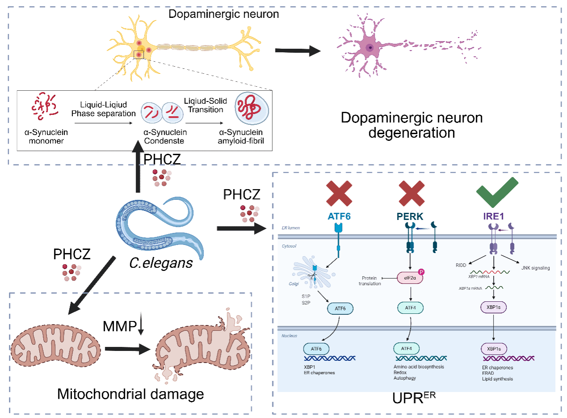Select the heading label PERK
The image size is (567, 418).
[x=410, y=216]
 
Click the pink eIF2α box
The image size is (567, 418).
[x=410, y=278]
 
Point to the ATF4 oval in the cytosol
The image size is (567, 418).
[x=410, y=308]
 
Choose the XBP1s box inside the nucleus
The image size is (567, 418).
[x=494, y=349]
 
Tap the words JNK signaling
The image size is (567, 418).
[x=535, y=268]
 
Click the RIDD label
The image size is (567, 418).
[x=461, y=265]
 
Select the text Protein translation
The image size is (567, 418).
[x=372, y=281]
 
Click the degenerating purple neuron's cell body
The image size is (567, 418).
[x=369, y=47]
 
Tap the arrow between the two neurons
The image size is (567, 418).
[x=297, y=51]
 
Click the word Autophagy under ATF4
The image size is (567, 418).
[x=405, y=378]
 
